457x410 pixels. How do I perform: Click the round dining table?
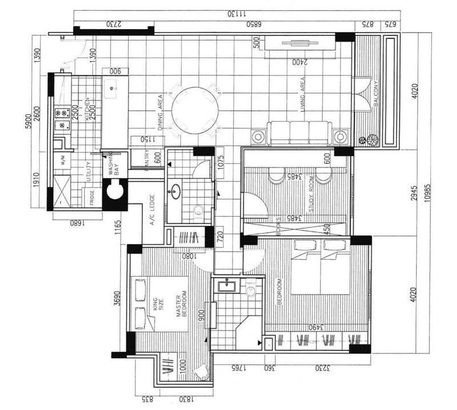tap(195, 111)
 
